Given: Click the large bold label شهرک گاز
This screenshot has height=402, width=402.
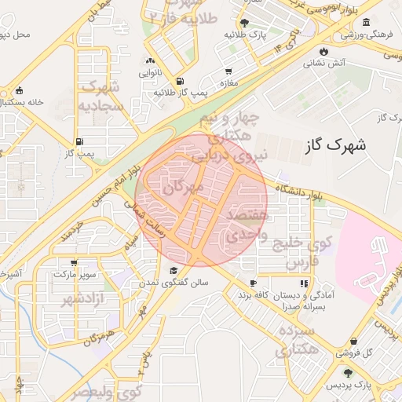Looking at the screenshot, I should click(334, 144).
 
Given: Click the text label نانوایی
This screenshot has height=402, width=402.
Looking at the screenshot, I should click(151, 72).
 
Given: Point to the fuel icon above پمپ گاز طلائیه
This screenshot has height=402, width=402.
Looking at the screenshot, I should click(181, 81).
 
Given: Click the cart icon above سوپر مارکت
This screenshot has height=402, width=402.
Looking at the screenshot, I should click(74, 263).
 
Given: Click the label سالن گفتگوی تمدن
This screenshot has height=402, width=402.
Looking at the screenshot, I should click(174, 282).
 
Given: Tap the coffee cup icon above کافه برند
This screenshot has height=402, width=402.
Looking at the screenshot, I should click(253, 283).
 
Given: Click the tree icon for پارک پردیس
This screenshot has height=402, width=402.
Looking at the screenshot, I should click(348, 373).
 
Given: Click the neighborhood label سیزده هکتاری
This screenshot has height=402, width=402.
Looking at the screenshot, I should click(294, 340).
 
